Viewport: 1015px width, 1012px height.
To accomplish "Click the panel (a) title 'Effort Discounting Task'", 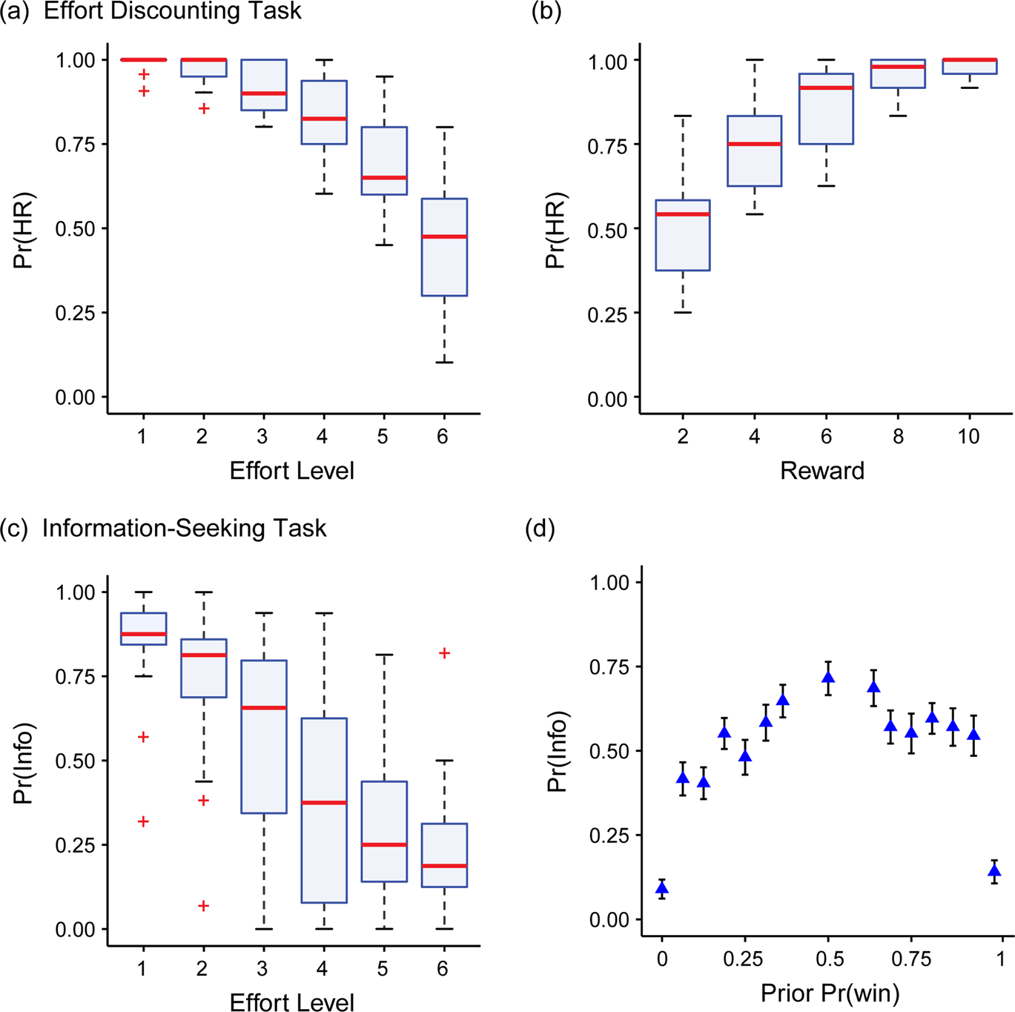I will pyautogui.click(x=172, y=11).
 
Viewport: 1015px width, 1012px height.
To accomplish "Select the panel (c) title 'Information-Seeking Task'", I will pyautogui.click(x=184, y=528).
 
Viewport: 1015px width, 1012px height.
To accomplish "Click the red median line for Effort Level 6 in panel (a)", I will pyautogui.click(x=444, y=237).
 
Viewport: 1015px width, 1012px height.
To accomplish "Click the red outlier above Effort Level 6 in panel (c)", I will pyautogui.click(x=444, y=653).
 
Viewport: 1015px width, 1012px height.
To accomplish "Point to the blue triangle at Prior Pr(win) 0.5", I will pyautogui.click(x=829, y=678).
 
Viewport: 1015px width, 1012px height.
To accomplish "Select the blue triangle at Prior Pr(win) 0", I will pyautogui.click(x=662, y=888).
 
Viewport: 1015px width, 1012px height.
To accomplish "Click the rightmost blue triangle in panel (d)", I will pyautogui.click(x=995, y=871).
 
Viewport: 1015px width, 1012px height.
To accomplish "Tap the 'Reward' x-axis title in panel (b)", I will pyautogui.click(x=822, y=471).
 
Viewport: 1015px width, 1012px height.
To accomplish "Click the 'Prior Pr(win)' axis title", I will pyautogui.click(x=830, y=993).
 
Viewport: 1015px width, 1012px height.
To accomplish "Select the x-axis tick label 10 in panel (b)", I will pyautogui.click(x=968, y=437).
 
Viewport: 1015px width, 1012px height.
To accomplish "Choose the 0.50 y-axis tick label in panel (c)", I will pyautogui.click(x=76, y=761).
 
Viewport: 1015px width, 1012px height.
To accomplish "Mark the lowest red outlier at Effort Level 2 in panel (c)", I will pyautogui.click(x=203, y=906).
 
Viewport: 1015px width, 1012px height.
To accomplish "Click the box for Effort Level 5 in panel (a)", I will pyautogui.click(x=384, y=161).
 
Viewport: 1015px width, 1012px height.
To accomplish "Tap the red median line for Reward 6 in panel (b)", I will pyautogui.click(x=826, y=88).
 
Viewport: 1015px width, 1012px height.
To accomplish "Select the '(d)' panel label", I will pyautogui.click(x=540, y=529).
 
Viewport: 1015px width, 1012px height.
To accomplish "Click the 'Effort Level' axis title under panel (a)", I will pyautogui.click(x=291, y=471).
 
